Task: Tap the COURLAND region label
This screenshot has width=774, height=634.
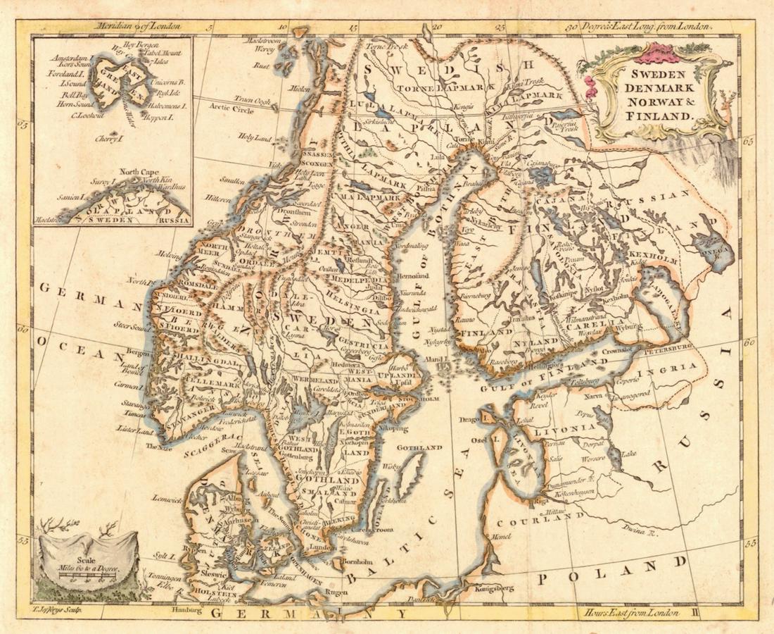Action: click(540, 520)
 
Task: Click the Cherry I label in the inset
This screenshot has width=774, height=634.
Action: click(110, 138)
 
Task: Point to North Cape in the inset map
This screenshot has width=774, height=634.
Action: click(139, 171)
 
